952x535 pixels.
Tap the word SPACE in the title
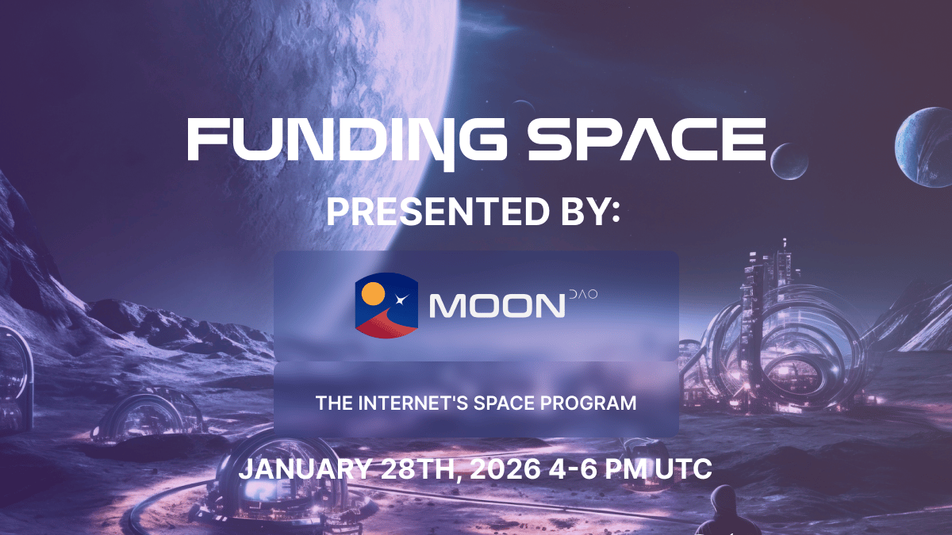coord(647,139)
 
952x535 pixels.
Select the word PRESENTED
coord(438,212)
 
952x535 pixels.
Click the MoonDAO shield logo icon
coord(386,305)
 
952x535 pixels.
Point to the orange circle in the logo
coord(373,293)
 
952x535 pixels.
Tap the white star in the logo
coord(401,300)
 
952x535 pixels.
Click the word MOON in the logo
coord(497,306)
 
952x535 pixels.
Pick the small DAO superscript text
coord(583,294)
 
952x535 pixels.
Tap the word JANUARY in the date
coord(305,468)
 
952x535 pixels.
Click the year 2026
coord(505,468)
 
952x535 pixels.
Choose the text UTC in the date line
coord(683,468)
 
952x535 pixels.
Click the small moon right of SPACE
coord(789,162)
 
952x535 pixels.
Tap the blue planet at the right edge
coord(924,147)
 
